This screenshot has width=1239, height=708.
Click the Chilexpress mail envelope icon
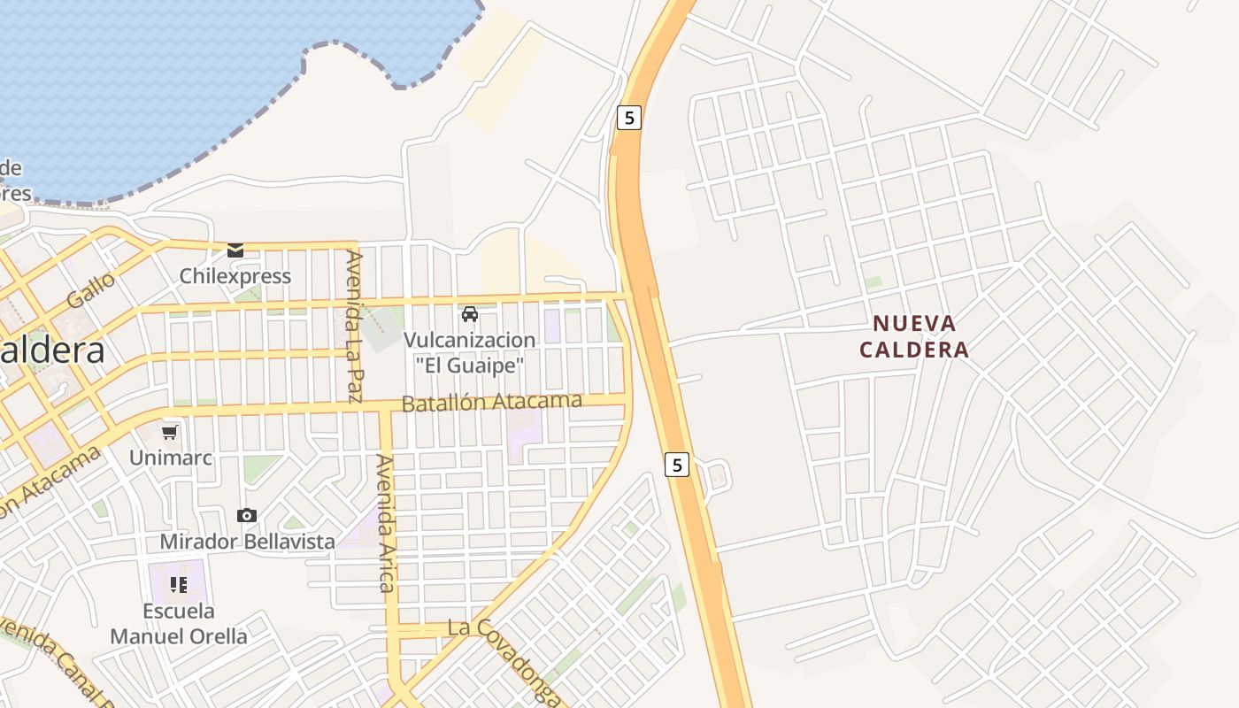[235, 250]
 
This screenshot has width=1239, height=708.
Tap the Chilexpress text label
[235, 276]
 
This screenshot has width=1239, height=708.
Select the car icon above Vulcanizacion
[470, 314]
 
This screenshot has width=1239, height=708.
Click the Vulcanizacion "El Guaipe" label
[470, 351]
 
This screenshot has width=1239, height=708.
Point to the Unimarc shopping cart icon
[170, 432]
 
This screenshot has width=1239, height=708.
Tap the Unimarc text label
[170, 458]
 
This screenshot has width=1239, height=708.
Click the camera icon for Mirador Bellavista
[247, 515]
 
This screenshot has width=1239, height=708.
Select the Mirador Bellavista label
[247, 541]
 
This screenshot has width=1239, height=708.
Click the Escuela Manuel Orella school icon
[179, 584]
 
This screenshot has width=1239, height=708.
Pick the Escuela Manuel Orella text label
[179, 623]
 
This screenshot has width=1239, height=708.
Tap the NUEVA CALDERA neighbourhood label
[914, 336]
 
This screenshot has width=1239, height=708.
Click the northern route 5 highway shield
[628, 117]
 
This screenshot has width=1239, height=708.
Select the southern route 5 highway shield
[676, 465]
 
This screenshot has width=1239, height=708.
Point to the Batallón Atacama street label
[492, 402]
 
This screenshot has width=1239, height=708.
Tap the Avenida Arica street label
[385, 522]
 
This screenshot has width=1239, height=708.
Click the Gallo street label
[91, 290]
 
